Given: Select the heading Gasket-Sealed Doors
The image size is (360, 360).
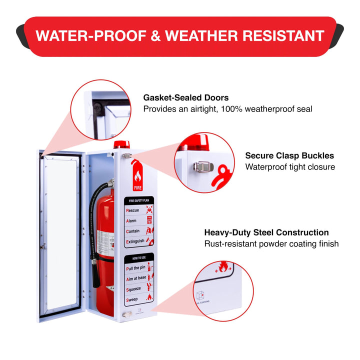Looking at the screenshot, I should point(186,97).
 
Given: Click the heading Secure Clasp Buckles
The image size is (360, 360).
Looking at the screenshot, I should point(289,155).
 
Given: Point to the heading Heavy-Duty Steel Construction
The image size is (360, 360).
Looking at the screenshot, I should point(266,232).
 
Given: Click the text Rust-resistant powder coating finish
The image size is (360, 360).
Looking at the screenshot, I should point(271,244).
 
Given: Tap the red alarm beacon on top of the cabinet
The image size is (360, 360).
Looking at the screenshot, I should point(121,144).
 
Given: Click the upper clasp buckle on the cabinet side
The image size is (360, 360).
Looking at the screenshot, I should point(126,156).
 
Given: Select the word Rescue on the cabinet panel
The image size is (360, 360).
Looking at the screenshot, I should point(133,210).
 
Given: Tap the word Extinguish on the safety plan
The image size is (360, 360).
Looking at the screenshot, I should point(135,241).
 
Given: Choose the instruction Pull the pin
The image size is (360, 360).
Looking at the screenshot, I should point(136,268).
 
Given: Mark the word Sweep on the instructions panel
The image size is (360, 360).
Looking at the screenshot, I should point(132,299).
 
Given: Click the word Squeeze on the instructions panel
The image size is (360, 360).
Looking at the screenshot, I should point(134,288).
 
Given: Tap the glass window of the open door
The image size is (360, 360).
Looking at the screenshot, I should point(58,235).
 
